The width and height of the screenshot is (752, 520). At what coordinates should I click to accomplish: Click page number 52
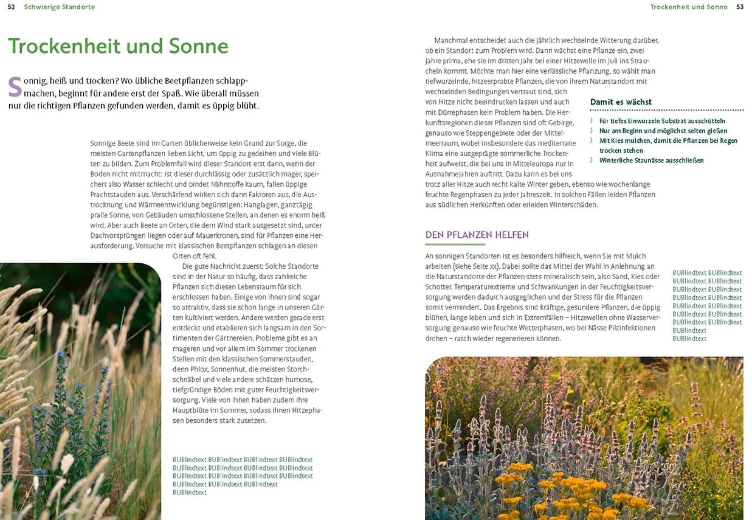point(11,7)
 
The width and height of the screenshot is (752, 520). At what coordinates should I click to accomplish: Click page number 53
point(740,7)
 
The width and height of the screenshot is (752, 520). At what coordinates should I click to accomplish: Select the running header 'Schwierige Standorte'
point(59,7)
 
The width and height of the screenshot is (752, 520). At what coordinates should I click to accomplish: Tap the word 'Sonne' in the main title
point(198,46)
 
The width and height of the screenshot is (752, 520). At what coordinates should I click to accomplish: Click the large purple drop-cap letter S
point(15,87)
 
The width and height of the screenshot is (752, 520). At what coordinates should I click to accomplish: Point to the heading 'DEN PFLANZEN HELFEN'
point(477,235)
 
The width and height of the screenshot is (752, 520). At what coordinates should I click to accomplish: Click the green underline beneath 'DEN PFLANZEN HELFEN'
point(455,244)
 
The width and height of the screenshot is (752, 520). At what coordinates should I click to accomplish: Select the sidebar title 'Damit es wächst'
point(621,102)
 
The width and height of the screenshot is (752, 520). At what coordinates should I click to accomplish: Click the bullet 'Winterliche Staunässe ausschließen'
point(651,161)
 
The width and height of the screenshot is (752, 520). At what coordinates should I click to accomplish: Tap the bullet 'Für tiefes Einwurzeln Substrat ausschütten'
point(662,121)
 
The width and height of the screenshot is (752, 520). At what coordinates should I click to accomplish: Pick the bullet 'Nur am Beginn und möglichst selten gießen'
point(663,131)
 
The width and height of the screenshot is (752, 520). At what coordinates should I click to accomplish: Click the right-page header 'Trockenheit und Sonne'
point(689,7)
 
